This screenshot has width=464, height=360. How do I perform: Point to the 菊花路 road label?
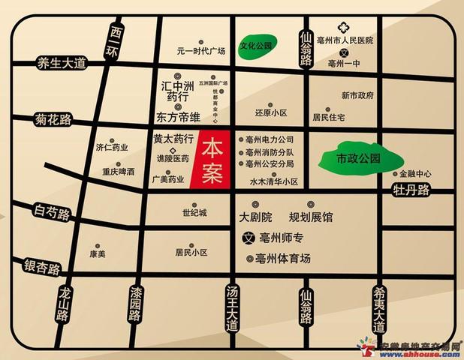click(53, 118)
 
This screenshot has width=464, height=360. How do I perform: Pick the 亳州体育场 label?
click(283, 259)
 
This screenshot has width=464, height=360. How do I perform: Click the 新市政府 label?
click(357, 95)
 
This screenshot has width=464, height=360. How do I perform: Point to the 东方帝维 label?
click(178, 118)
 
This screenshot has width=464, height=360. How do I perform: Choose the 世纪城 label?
click(194, 213)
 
